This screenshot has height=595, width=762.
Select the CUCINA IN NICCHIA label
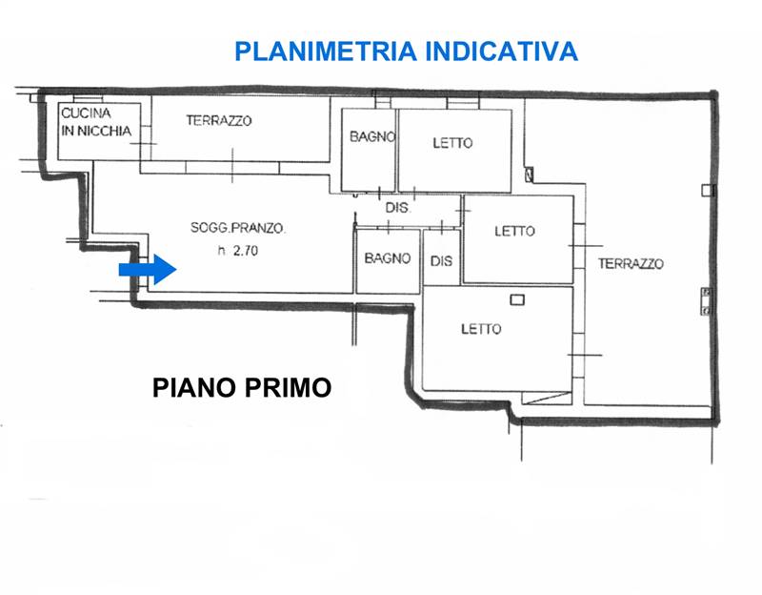click(96, 122)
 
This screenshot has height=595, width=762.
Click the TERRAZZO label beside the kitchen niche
click(219, 121)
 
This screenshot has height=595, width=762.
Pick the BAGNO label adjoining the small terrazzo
click(371, 137)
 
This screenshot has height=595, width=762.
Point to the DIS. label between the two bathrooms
click(397, 207)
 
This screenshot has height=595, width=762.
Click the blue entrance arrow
click(147, 270)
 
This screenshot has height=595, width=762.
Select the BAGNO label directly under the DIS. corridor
click(387, 258)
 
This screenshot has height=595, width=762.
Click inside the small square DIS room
click(441, 260)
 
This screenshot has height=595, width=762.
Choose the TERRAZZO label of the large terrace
click(631, 264)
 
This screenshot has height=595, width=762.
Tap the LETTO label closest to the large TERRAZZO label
click(515, 231)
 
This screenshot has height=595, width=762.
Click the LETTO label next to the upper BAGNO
click(452, 143)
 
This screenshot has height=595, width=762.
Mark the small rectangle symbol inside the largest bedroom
click(517, 300)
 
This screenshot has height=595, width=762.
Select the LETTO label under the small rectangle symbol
click(481, 329)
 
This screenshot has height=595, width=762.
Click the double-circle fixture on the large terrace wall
click(705, 300)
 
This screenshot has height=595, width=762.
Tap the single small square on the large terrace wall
click(706, 190)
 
